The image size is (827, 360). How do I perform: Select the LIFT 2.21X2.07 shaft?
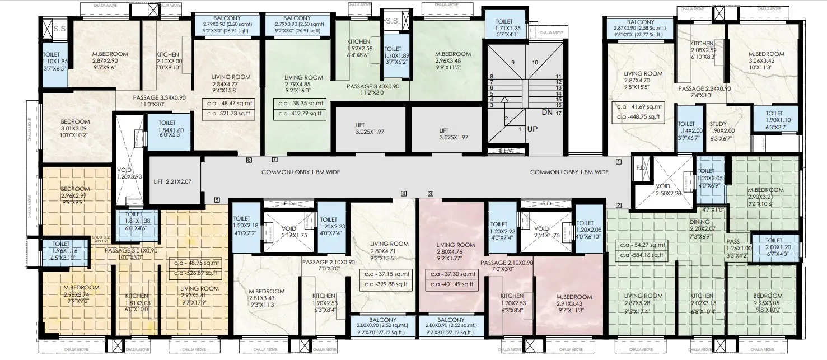click(172, 181)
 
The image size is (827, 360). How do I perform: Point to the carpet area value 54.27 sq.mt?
click(641, 245)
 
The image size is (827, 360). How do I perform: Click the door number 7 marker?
click(274, 160)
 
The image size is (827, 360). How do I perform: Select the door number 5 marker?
click(217, 199)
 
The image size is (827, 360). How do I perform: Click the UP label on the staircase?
click(532, 129)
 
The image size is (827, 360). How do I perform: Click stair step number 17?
click(559, 113)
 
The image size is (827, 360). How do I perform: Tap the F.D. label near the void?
click(641, 167)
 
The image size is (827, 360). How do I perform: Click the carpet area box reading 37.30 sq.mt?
click(451, 274)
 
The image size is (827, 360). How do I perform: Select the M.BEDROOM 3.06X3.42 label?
click(766, 58)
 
